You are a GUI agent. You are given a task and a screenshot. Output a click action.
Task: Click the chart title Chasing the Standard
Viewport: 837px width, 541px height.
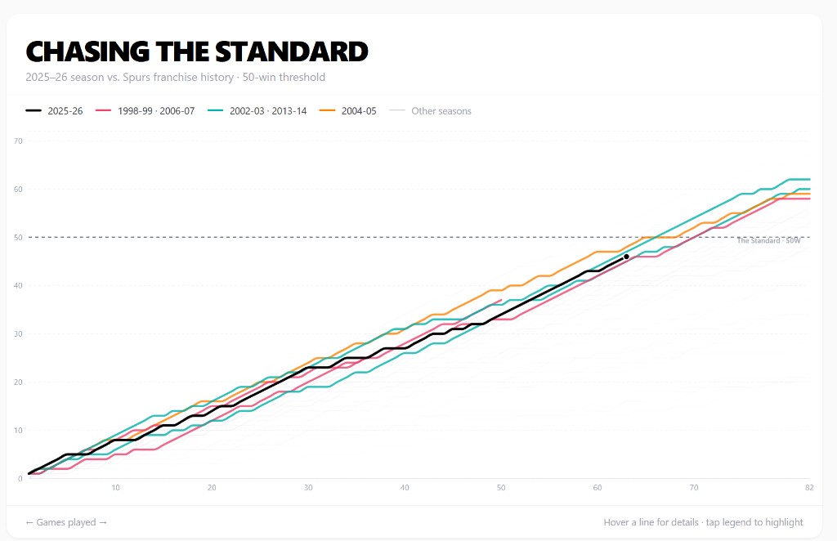pos(197,51)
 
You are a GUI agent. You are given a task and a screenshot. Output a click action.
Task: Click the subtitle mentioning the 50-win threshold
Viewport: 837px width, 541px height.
pos(176,78)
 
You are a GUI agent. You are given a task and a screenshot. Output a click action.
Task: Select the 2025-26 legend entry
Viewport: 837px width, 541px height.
pos(55,111)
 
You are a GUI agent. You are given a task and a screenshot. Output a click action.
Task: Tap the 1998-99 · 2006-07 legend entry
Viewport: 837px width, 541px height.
pos(145,111)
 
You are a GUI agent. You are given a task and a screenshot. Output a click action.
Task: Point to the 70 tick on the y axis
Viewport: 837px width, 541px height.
pos(17,141)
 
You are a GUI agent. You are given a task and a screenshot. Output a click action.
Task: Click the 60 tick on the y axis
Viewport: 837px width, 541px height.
pos(17,190)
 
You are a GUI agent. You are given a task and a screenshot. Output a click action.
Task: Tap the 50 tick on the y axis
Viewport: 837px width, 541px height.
pos(17,238)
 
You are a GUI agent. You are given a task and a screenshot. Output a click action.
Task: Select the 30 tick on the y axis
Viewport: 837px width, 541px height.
pos(17,334)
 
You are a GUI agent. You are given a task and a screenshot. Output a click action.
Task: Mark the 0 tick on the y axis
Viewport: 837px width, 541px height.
pos(20,479)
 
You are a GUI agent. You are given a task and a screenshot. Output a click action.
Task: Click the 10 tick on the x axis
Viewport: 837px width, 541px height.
pos(116,488)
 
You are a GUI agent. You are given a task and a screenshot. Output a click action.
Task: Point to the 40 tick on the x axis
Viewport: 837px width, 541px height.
pos(405,488)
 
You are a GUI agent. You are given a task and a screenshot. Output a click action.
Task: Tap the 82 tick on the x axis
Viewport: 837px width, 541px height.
pos(809,488)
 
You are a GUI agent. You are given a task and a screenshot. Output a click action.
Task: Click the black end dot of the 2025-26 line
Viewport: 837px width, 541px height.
pos(626,257)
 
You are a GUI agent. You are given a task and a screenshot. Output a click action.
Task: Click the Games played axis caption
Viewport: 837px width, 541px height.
pos(66,522)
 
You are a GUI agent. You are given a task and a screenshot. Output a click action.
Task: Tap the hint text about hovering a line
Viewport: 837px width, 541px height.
pos(703,522)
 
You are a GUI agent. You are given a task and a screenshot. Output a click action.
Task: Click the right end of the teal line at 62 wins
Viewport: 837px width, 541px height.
pos(808,179)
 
